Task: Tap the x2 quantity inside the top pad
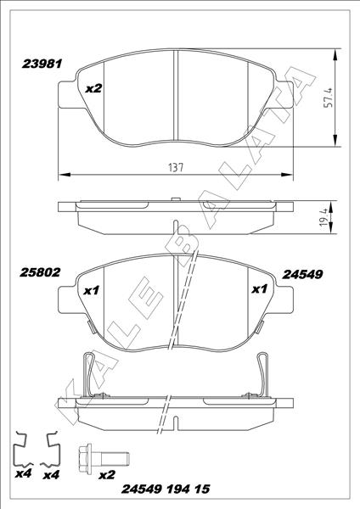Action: click(x=94, y=87)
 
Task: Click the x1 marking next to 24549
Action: click(x=260, y=290)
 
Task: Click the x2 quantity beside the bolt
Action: click(x=107, y=475)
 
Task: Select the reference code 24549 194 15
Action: click(x=166, y=491)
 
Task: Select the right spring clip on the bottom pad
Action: click(x=260, y=373)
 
